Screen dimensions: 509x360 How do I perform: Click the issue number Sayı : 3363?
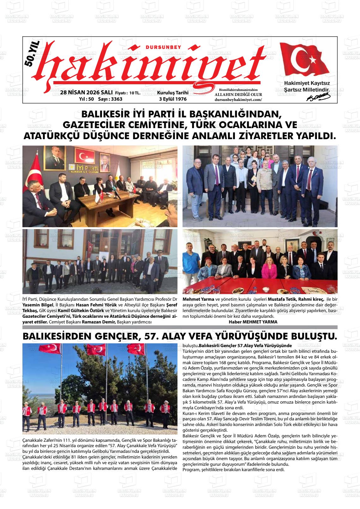[110, 99]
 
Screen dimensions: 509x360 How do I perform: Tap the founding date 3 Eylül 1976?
[173, 99]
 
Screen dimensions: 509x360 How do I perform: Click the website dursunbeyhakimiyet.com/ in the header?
[238, 99]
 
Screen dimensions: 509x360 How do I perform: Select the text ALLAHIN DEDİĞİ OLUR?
[238, 94]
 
